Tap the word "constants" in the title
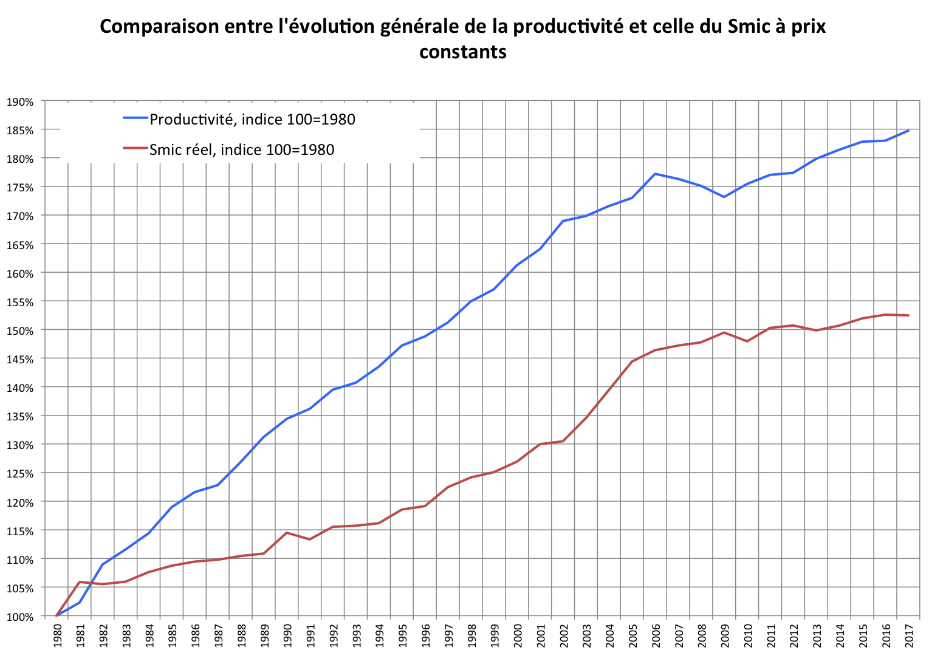point(463,52)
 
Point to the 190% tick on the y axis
point(20,101)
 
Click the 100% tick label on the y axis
point(20,617)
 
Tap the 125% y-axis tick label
point(20,473)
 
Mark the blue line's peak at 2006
point(655,174)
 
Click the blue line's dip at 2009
point(724,197)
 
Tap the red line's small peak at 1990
point(287,533)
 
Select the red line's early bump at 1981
point(80,582)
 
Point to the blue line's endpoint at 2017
point(908,131)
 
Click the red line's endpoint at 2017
point(908,315)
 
